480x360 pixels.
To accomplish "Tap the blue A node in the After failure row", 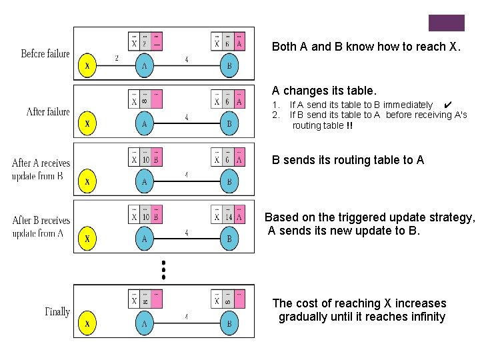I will [x=144, y=123].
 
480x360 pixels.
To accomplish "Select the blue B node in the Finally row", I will [x=229, y=323].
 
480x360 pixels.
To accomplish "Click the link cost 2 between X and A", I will [x=117, y=58].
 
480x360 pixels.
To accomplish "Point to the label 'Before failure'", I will [x=45, y=53].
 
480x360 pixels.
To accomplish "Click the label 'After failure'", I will [x=48, y=111].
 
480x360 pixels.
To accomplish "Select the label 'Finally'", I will [x=57, y=311].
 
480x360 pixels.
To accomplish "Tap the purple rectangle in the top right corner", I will [x=446, y=23].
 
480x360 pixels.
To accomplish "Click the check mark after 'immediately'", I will [x=448, y=105].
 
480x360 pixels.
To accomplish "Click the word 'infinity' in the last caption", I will [x=423, y=317].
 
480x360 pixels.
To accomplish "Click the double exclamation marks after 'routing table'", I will [x=350, y=125].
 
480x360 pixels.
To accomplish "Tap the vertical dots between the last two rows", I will [x=163, y=269].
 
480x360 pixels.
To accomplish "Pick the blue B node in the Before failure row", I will [x=229, y=66].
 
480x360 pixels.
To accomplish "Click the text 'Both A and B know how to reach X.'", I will [x=366, y=47].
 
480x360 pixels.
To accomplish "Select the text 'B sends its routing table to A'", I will [x=347, y=160].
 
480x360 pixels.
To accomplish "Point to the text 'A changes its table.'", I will [x=324, y=90].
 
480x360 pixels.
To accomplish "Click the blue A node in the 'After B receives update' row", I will [x=144, y=238].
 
